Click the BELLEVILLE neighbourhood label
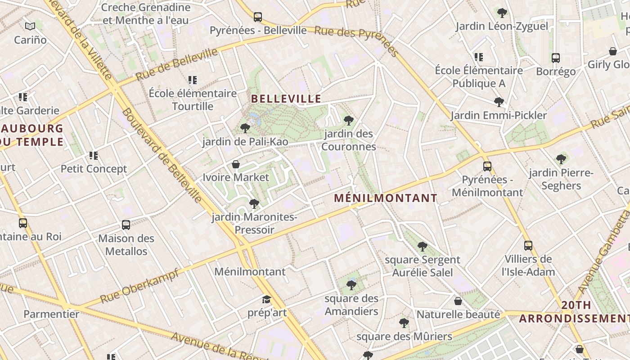point(286,99)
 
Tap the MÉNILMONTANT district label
point(386,198)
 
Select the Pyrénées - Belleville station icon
point(258,17)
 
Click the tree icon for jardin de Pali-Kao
point(245,128)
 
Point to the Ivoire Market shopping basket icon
point(235,164)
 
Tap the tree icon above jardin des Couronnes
point(348,120)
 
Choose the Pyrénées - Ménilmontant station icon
point(487,166)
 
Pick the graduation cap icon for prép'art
point(267,299)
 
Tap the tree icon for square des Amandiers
point(351,285)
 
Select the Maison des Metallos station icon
point(126,225)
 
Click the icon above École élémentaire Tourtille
point(193,80)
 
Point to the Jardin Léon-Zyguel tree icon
point(502,13)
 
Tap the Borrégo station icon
point(556,58)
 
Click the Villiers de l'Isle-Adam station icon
point(528,246)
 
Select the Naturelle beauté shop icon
point(458,301)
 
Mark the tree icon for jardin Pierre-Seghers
point(561,159)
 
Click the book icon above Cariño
point(30,26)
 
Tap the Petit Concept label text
point(94,169)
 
